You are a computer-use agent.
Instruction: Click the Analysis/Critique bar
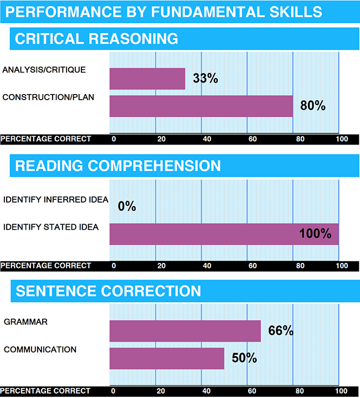(147, 79)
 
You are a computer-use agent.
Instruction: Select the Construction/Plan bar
(201, 106)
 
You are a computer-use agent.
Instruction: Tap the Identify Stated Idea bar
(224, 234)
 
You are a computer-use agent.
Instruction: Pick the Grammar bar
(185, 331)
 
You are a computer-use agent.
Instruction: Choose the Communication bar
(167, 358)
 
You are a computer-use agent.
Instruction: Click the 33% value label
(205, 79)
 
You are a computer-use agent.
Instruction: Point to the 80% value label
(312, 106)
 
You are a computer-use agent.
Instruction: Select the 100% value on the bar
(315, 234)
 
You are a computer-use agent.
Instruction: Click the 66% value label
(280, 331)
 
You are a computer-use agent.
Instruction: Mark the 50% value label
(244, 358)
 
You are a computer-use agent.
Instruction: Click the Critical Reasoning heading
(97, 39)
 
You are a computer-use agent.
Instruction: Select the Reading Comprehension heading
(118, 166)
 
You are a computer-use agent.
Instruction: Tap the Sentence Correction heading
(109, 291)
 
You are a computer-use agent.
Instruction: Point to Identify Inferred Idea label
(56, 200)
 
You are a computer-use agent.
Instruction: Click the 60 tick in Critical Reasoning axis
(252, 138)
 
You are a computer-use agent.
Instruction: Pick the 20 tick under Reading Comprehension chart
(162, 266)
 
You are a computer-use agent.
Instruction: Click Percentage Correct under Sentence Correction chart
(46, 391)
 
